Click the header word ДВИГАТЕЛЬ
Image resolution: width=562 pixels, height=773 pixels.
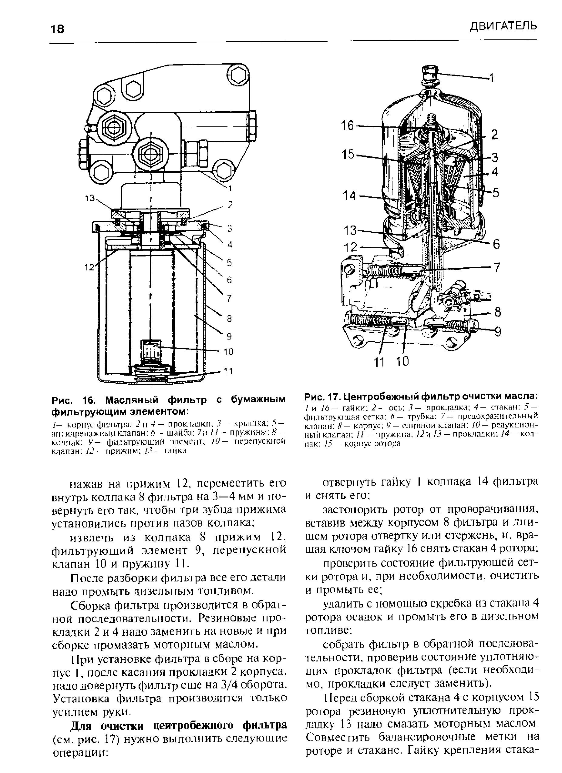click(x=503, y=26)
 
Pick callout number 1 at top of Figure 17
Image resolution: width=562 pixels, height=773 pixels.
click(x=492, y=79)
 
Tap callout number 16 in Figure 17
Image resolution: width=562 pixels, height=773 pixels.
click(x=348, y=126)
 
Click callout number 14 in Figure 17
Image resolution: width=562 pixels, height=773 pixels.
click(x=350, y=196)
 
